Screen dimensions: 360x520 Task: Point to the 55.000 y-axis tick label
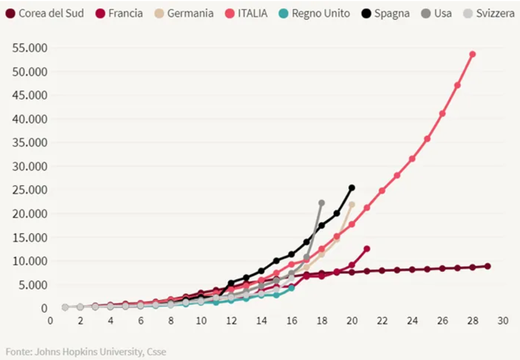[30, 48]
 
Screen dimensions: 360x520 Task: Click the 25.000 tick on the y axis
[30, 190]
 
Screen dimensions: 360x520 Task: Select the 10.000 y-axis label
[30, 261]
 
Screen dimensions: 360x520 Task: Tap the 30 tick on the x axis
[503, 320]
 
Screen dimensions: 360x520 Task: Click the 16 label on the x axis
[292, 320]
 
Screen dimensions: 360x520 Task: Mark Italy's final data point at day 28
[472, 54]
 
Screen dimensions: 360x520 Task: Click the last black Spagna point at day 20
[352, 188]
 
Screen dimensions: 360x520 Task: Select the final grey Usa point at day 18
[321, 203]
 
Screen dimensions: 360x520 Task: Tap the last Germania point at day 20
[351, 205]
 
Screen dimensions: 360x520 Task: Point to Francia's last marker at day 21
[366, 249]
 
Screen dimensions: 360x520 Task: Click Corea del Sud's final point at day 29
[488, 266]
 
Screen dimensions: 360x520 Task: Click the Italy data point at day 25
[427, 139]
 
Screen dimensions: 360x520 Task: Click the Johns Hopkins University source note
[86, 352]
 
